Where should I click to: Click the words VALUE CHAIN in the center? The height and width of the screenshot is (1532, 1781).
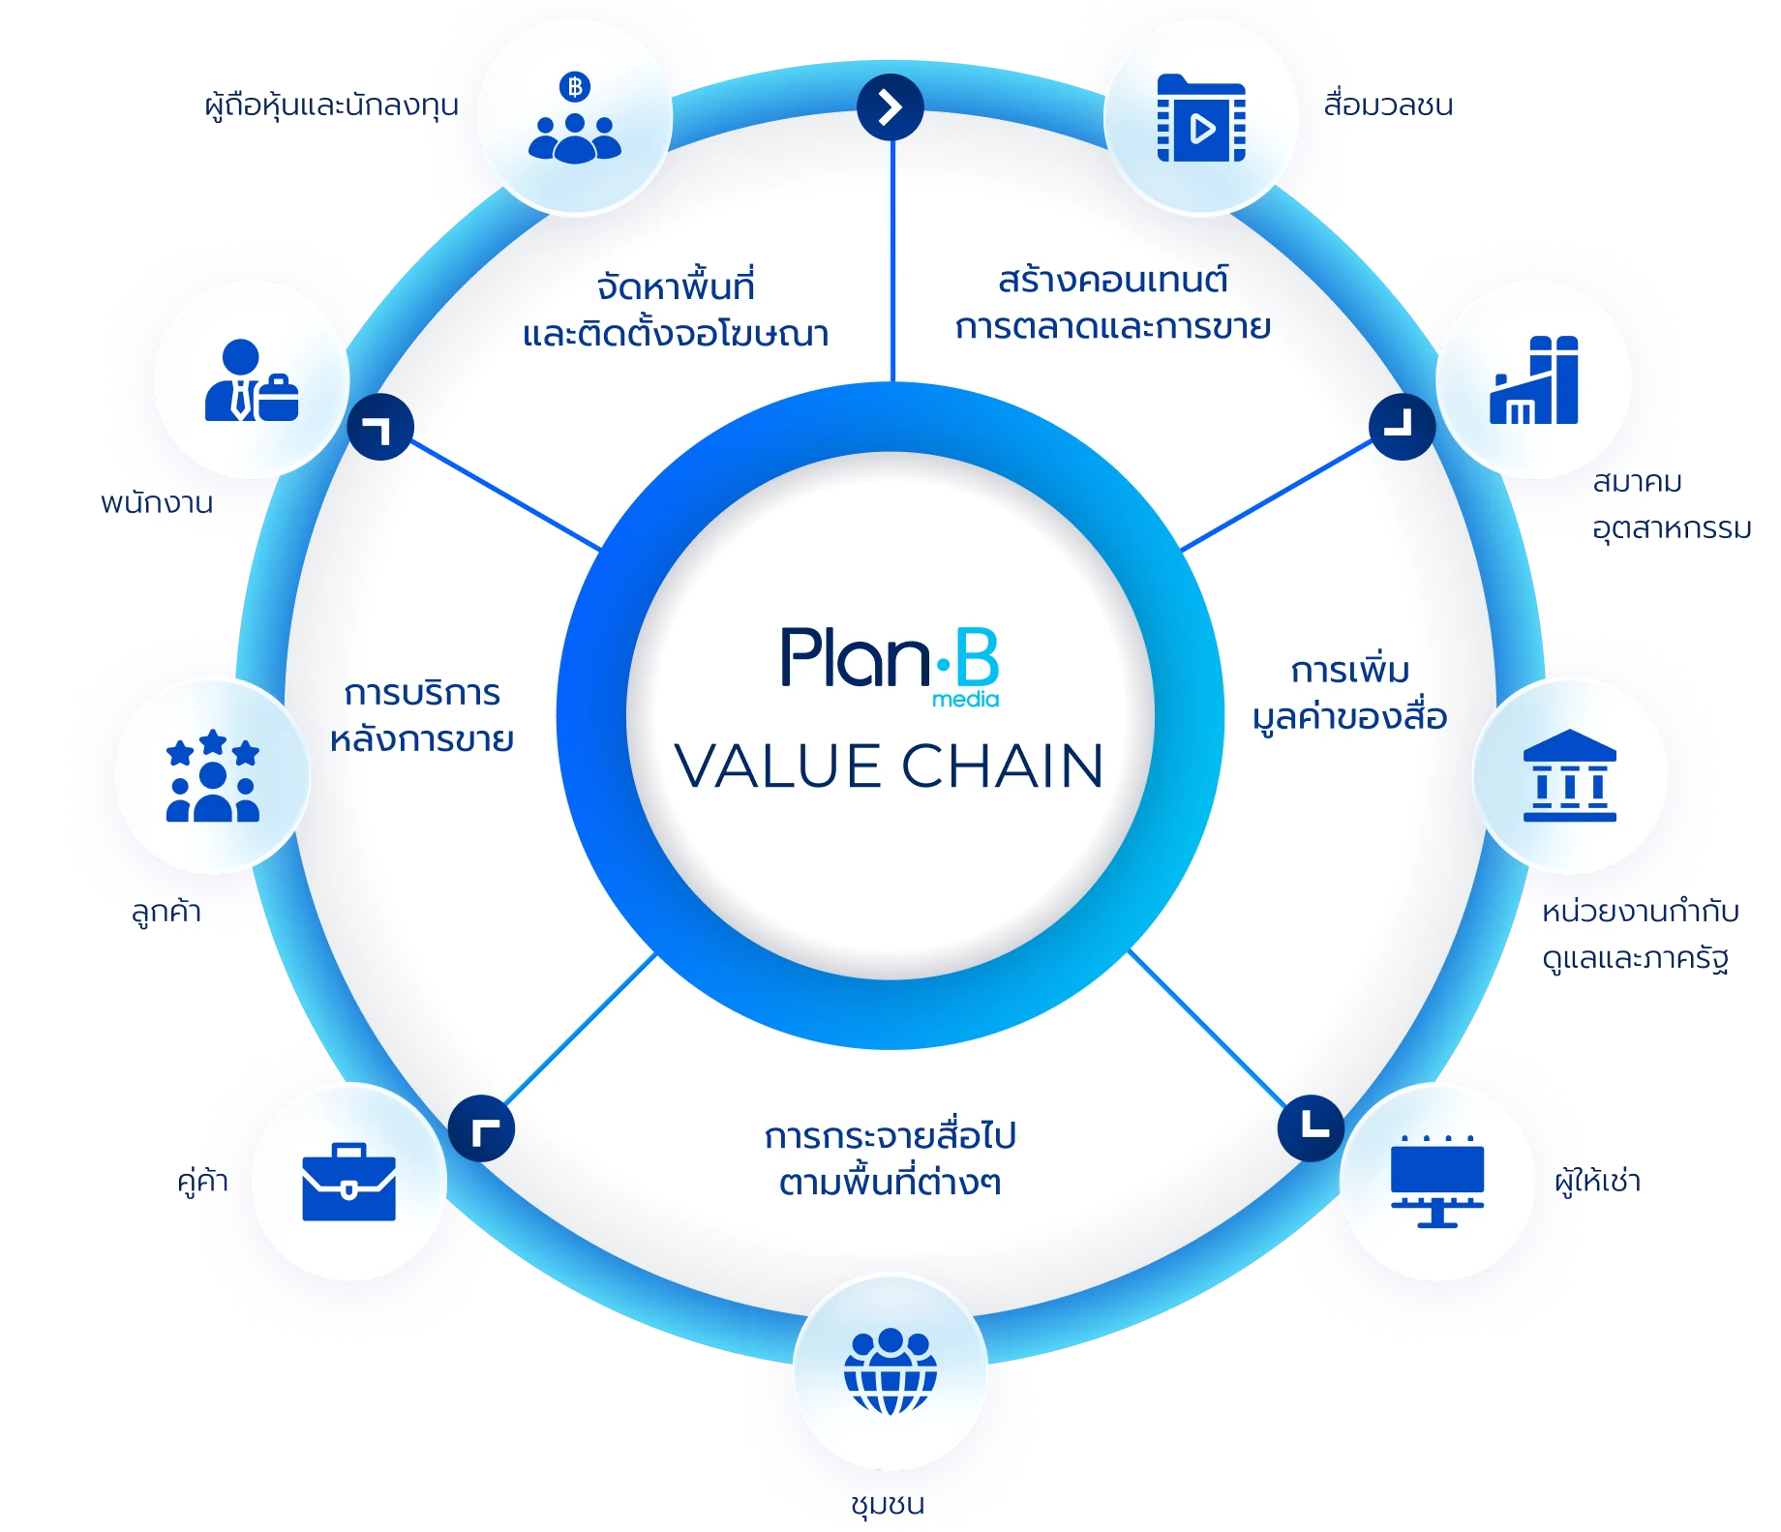889,766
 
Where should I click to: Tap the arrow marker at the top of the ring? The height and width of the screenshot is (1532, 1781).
890,106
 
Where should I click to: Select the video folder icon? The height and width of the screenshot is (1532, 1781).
1201,118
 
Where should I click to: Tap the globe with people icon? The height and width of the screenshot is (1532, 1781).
890,1371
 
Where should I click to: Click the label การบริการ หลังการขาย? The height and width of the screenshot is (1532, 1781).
422,716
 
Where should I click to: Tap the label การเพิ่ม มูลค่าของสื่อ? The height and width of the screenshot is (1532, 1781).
1349,694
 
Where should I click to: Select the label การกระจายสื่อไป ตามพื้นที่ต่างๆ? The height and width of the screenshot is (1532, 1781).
890,1158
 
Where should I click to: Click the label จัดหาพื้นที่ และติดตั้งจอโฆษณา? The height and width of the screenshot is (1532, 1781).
676,310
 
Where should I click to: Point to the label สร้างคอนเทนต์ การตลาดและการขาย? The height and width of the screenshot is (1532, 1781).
1112,303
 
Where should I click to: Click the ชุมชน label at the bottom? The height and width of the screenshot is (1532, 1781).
888,1503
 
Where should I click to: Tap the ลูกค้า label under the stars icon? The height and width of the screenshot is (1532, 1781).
166,911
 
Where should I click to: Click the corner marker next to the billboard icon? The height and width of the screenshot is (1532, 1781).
1311,1127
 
